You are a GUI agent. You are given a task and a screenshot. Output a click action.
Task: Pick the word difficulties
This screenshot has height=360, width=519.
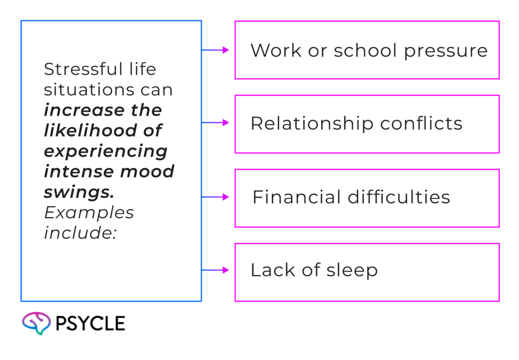pyautogui.click(x=399, y=197)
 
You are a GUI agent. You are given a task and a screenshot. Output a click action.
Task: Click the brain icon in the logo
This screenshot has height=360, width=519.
pyautogui.click(x=36, y=323)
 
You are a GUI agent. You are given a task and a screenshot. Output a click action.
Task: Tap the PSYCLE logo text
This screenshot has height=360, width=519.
pyautogui.click(x=90, y=323)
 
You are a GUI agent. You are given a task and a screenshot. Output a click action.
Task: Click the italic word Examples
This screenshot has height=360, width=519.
pyautogui.click(x=89, y=212)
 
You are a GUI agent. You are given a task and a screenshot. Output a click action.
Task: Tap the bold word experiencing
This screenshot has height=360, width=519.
pyautogui.click(x=105, y=151)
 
